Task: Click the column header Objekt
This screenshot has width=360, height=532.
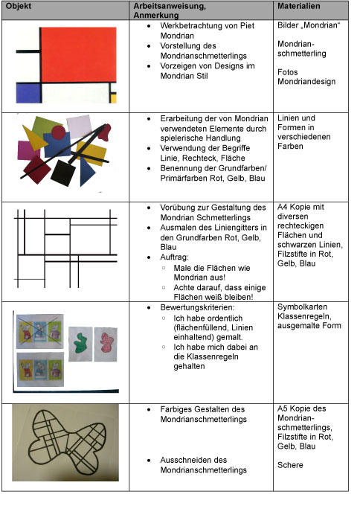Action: (19, 6)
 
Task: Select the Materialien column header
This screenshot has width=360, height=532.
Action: (298, 6)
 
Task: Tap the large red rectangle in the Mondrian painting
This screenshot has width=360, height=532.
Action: (78, 54)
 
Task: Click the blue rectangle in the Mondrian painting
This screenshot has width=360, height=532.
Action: (28, 92)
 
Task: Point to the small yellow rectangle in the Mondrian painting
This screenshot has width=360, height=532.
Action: (113, 98)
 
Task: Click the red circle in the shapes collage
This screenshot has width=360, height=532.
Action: (58, 132)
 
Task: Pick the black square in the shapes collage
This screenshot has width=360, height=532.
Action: (63, 173)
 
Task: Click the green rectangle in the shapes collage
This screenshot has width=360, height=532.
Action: (46, 125)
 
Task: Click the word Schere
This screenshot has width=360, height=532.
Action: (290, 465)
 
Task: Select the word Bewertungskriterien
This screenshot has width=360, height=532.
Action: (197, 308)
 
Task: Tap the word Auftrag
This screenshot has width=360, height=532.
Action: (174, 257)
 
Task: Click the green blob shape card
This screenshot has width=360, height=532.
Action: (80, 344)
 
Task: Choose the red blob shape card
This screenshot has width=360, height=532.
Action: (106, 344)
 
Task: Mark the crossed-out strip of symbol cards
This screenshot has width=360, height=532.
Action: (39, 332)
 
